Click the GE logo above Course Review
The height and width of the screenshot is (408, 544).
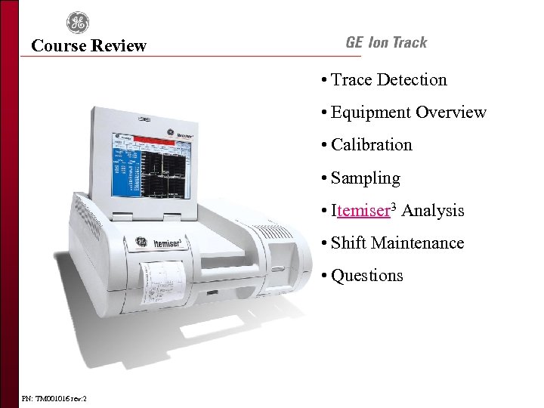(77, 23)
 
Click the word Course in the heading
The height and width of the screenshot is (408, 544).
(58, 46)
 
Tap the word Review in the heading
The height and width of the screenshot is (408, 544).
(118, 46)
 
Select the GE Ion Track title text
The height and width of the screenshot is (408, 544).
(386, 43)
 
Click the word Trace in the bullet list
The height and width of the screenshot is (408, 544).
(352, 80)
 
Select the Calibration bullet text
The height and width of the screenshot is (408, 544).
(372, 145)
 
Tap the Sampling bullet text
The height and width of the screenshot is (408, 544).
(366, 178)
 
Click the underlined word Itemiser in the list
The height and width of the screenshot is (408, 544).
(361, 211)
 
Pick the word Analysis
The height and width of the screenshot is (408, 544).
(433, 211)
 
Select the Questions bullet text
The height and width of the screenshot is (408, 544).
(367, 276)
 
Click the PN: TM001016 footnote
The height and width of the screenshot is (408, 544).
(54, 397)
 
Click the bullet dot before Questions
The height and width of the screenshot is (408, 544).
(323, 276)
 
